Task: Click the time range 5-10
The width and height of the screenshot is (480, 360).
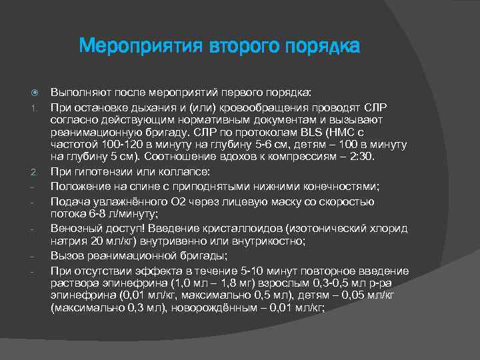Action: click(259, 270)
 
